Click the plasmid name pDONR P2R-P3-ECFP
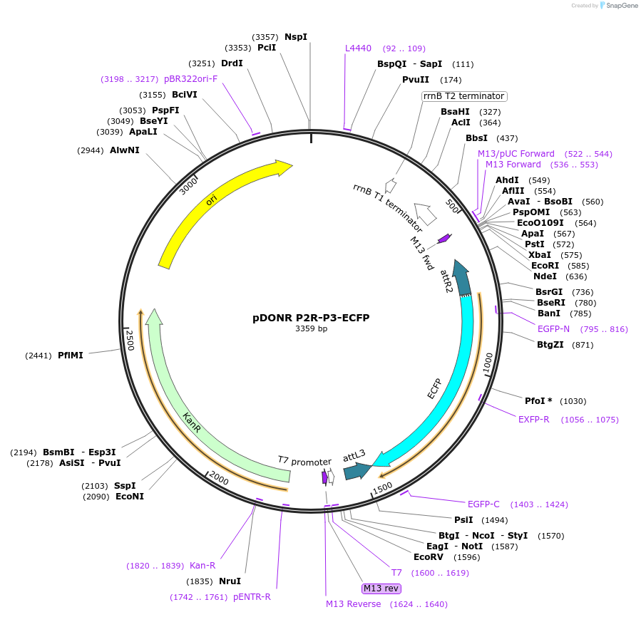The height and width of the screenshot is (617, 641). (x=311, y=318)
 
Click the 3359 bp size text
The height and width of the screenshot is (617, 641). (x=311, y=329)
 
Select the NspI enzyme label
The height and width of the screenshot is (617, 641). (x=296, y=37)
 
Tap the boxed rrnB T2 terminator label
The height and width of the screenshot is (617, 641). (x=463, y=96)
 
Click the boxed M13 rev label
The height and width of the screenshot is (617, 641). (x=381, y=589)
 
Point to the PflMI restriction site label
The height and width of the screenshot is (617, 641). (x=71, y=355)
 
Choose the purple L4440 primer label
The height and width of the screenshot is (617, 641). (x=358, y=48)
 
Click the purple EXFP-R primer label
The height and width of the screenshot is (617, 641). (x=534, y=419)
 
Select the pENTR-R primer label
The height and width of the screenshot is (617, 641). (x=252, y=597)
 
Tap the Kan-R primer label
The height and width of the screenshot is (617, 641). (x=202, y=566)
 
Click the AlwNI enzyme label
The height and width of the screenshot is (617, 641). (x=125, y=150)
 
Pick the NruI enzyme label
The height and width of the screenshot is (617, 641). (x=230, y=581)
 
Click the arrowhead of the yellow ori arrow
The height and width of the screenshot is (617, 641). (x=284, y=167)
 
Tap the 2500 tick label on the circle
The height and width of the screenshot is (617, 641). (x=130, y=340)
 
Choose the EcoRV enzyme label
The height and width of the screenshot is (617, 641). (x=427, y=557)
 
